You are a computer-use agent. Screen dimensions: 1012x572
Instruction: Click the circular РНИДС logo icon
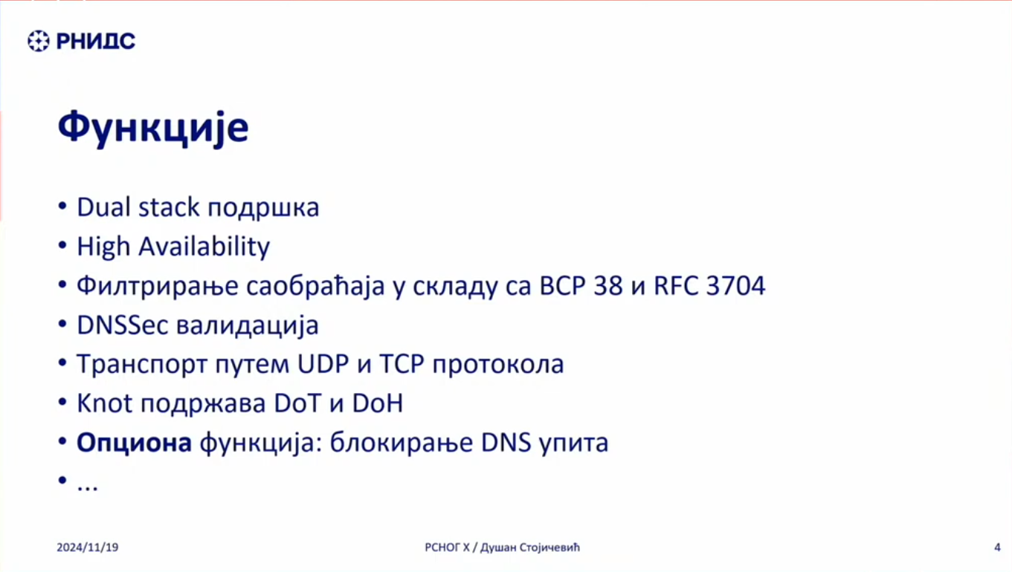pos(39,41)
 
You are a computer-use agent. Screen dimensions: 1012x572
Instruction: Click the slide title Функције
pos(153,129)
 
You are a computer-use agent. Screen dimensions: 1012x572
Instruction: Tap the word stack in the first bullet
pos(169,207)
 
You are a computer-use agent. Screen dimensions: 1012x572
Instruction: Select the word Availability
pos(204,247)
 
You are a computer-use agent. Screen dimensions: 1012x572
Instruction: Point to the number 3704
pos(735,286)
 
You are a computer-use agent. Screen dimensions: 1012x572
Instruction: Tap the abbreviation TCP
pos(402,364)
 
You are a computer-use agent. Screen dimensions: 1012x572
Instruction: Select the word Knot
pos(105,403)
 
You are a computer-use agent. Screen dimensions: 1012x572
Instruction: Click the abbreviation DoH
pos(377,403)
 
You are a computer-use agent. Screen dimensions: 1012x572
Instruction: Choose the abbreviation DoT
pos(297,403)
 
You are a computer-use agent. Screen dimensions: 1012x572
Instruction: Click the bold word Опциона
pos(134,443)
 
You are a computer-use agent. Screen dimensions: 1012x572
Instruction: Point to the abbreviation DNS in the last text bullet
pos(506,443)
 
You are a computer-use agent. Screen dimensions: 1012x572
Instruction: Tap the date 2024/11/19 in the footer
pos(88,547)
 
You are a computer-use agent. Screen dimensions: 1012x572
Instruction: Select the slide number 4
pos(998,547)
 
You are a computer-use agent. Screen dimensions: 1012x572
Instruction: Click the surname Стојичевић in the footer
pos(549,547)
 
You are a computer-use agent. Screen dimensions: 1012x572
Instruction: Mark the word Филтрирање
pos(157,287)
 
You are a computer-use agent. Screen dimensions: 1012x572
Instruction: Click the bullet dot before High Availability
pos(62,246)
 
